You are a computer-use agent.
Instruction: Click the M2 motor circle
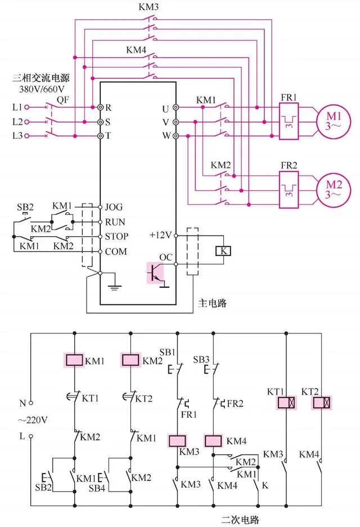(x=327, y=188)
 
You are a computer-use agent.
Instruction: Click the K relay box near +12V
(x=223, y=251)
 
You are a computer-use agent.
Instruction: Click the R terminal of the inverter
(x=101, y=106)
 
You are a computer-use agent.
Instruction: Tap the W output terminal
(x=175, y=136)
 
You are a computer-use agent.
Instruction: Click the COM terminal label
(x=116, y=251)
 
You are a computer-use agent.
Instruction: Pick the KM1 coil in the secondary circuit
(x=74, y=360)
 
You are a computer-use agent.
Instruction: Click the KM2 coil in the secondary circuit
(x=130, y=360)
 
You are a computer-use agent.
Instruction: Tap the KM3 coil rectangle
(x=178, y=440)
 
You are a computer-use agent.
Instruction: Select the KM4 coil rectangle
(x=214, y=440)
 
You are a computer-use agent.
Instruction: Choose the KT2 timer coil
(x=322, y=403)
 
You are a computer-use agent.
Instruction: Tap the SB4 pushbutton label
(x=97, y=488)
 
